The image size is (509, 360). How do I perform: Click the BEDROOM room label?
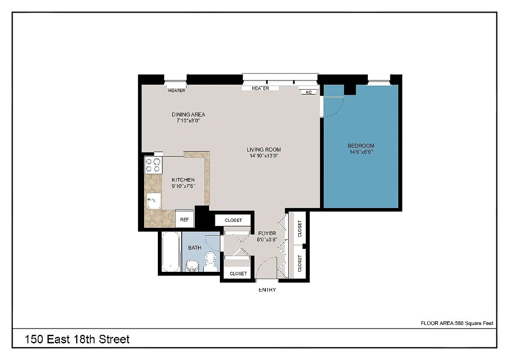click(x=361, y=146)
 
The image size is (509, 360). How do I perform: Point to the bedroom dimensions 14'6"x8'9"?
click(x=361, y=152)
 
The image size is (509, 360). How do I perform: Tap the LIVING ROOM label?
click(x=263, y=150)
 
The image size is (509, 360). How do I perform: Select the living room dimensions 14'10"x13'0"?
click(x=263, y=156)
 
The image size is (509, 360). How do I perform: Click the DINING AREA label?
click(x=188, y=114)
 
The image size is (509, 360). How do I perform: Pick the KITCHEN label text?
click(x=183, y=180)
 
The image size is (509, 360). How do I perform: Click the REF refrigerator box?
click(x=184, y=220)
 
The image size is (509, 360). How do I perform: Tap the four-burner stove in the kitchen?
click(x=153, y=165)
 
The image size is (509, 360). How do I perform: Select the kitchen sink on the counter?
click(x=153, y=199)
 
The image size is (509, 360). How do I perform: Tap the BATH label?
click(x=195, y=247)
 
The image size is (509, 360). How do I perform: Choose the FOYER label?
click(x=267, y=233)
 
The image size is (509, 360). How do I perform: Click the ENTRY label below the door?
click(x=267, y=290)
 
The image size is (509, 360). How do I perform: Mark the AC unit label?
click(x=308, y=92)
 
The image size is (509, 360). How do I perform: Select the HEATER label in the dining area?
click(x=177, y=90)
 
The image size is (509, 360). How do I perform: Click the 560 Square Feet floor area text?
click(x=457, y=323)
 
